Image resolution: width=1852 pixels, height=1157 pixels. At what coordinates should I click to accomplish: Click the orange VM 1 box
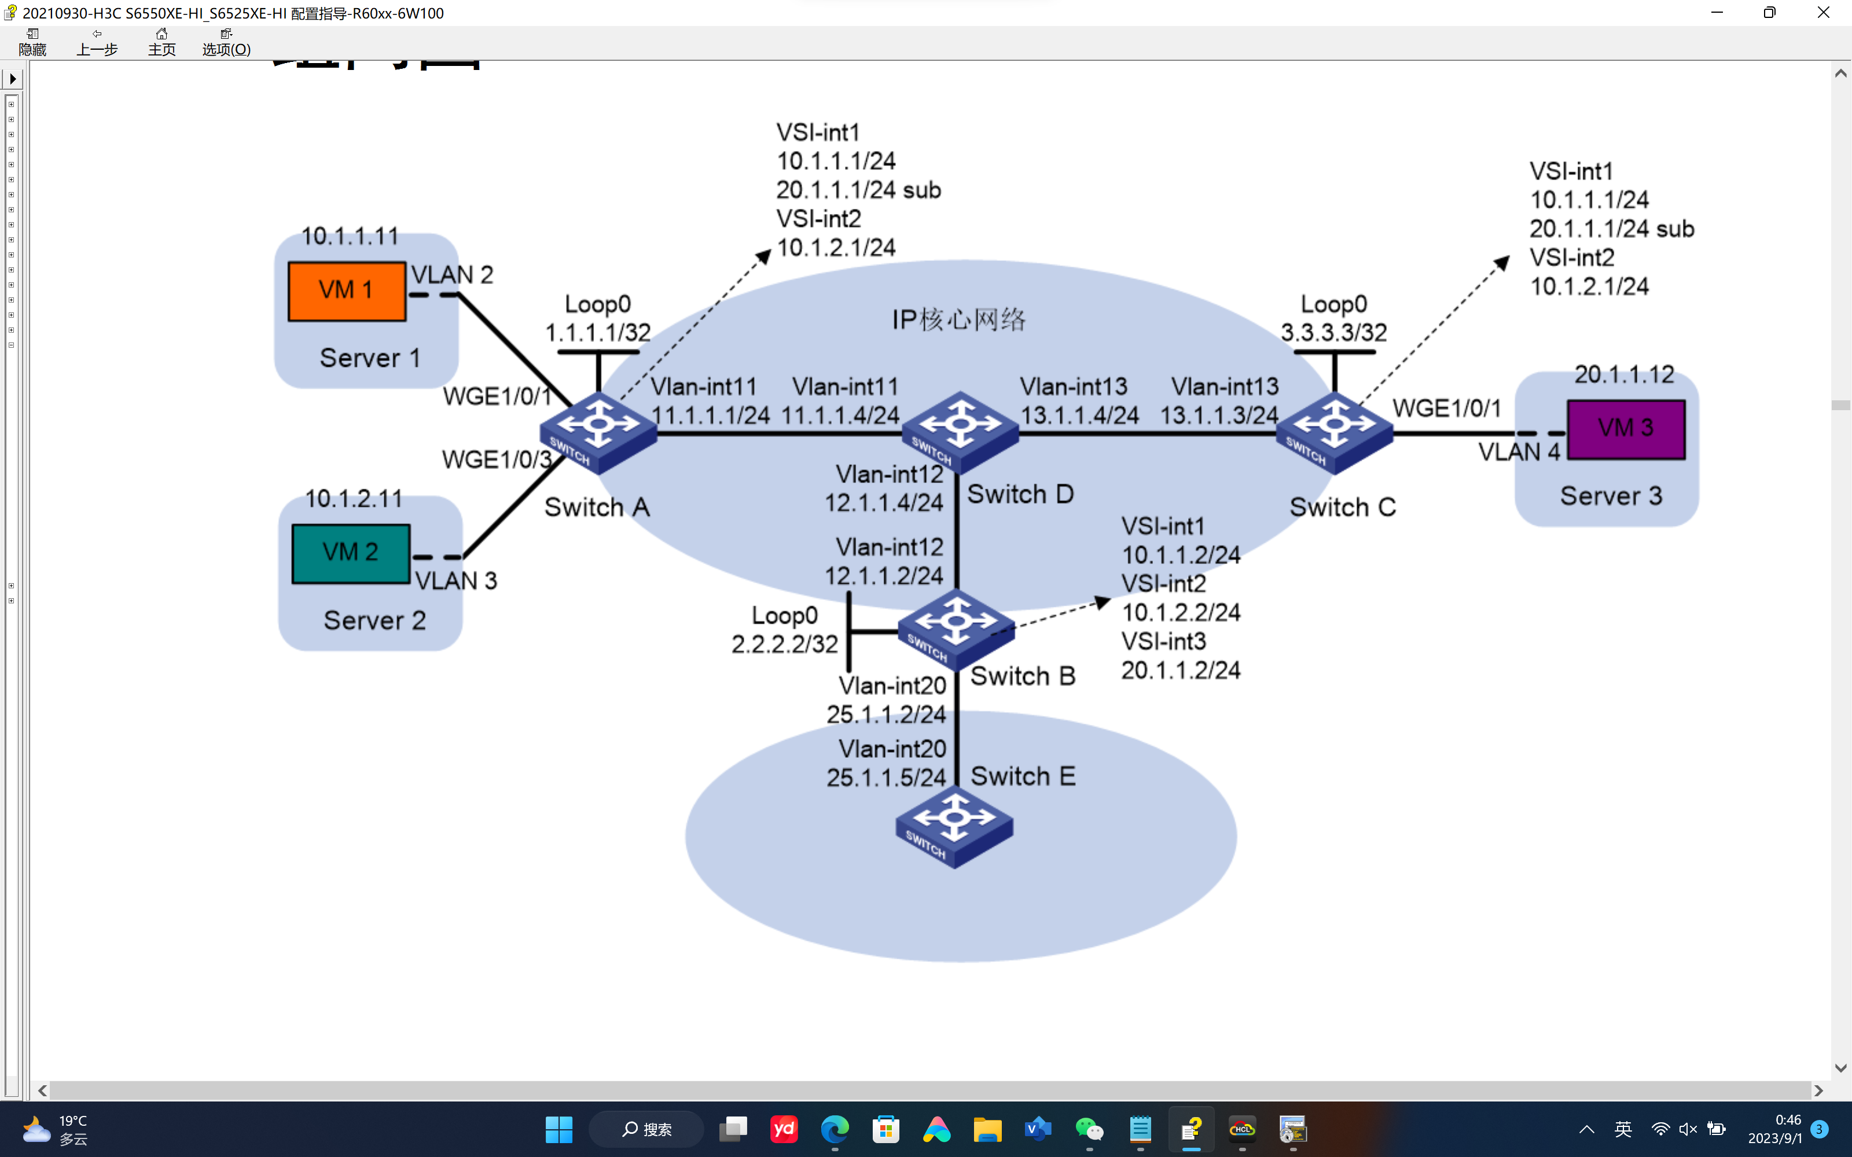pos(347,291)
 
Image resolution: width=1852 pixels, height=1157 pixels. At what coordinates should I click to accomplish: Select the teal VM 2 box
pos(351,552)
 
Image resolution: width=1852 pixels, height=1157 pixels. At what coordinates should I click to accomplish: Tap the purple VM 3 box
pos(1626,429)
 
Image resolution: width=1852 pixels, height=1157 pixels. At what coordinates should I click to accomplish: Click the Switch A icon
pos(598,432)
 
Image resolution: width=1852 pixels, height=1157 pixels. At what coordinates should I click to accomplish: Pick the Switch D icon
pos(960,432)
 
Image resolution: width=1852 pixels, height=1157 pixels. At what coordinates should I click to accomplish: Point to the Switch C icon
pos(1334,432)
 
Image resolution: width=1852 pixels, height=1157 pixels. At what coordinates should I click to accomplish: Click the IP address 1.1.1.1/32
pos(598,333)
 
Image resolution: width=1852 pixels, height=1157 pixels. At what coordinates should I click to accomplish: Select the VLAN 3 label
pos(456,581)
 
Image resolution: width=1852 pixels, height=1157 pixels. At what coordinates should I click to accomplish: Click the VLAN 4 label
pos(1518,452)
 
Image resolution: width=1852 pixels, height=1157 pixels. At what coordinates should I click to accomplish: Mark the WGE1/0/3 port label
pos(497,459)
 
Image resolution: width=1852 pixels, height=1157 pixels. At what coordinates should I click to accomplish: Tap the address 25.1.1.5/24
pos(886,778)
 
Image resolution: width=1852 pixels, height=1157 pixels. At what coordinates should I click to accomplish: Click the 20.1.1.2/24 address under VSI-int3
pos(1181,670)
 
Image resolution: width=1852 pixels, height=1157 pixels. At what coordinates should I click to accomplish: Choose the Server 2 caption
pos(374,621)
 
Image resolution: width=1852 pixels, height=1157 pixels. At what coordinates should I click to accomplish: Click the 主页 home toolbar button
pos(161,42)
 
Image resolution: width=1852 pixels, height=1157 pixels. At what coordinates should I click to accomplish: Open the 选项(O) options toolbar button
pos(226,42)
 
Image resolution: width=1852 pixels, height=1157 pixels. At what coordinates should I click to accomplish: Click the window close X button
pos(1823,13)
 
